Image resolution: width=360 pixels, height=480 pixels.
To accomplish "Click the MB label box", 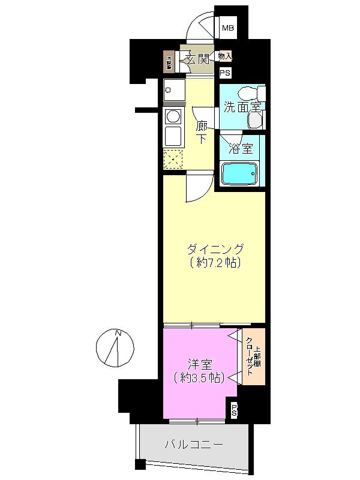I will [228, 28].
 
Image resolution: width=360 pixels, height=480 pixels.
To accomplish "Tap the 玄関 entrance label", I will [197, 59].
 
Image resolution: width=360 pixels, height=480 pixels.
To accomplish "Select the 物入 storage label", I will [225, 56].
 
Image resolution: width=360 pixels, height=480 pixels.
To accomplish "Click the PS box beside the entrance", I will [225, 73].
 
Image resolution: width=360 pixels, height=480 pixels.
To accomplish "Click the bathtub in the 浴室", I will [240, 174].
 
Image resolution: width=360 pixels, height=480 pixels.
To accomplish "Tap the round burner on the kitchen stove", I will [173, 116].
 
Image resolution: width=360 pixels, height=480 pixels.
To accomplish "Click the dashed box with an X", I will [173, 159].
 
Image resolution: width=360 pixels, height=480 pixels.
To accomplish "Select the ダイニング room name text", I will [215, 248].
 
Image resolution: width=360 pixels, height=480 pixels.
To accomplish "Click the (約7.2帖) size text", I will [215, 263].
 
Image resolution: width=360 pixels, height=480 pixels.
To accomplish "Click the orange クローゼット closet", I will [253, 356].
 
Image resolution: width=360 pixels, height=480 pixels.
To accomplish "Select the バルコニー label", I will [194, 445].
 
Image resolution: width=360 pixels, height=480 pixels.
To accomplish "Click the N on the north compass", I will [118, 334].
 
